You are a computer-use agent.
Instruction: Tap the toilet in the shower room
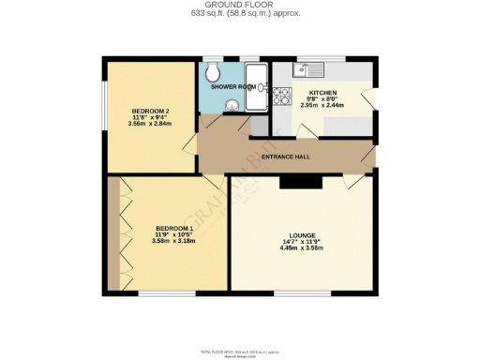[213, 73]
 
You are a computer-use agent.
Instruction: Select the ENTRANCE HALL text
[286, 157]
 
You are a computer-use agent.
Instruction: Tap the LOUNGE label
[302, 235]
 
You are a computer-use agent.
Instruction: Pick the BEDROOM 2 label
[150, 111]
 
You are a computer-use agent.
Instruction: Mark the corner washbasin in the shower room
[230, 107]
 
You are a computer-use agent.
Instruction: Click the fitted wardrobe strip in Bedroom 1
[113, 234]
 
